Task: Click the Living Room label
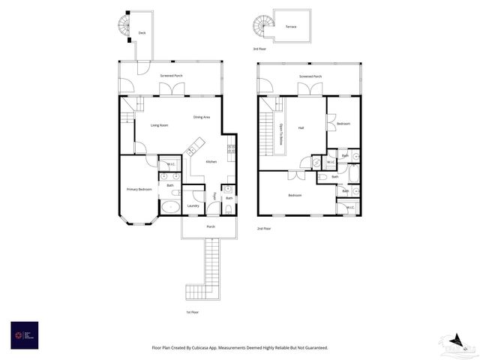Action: pyautogui.click(x=159, y=125)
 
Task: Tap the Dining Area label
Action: pyautogui.click(x=202, y=117)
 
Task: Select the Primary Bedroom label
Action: pyautogui.click(x=139, y=189)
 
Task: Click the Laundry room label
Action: pyautogui.click(x=193, y=205)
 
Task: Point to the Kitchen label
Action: pyautogui.click(x=211, y=162)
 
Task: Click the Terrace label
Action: pyautogui.click(x=291, y=27)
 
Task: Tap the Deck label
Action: pyautogui.click(x=142, y=33)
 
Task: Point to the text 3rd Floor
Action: pyautogui.click(x=259, y=49)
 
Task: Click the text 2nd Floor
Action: pyautogui.click(x=263, y=228)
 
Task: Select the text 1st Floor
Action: pyautogui.click(x=193, y=312)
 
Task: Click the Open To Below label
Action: pyautogui.click(x=281, y=133)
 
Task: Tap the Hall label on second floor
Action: pyautogui.click(x=301, y=128)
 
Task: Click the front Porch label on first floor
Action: pyautogui.click(x=210, y=226)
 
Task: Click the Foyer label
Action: pyautogui.click(x=214, y=196)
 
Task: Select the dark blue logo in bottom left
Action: pyautogui.click(x=24, y=334)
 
